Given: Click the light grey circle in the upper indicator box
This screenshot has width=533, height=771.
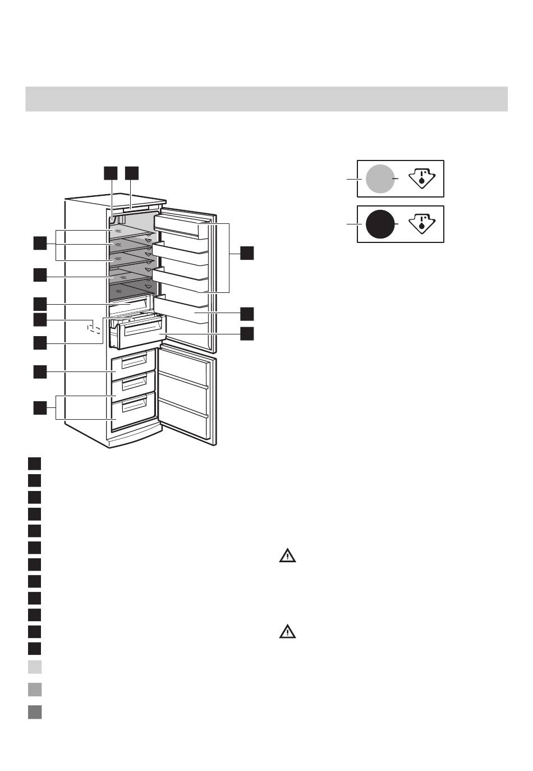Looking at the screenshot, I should click(x=380, y=179).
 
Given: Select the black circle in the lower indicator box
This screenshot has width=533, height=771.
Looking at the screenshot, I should click(x=380, y=224).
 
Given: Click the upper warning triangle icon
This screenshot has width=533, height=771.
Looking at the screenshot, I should click(x=287, y=556).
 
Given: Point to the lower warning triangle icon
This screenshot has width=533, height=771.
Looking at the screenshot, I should click(x=287, y=632).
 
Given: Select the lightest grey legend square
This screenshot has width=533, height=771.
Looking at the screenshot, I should click(x=35, y=667).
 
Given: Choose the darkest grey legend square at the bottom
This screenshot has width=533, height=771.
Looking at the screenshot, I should click(x=35, y=712).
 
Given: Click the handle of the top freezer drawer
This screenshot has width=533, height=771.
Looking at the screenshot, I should click(x=134, y=361).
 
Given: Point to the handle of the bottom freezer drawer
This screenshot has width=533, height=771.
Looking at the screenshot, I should click(x=134, y=405).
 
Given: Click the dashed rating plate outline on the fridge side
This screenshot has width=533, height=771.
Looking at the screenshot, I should click(x=94, y=327).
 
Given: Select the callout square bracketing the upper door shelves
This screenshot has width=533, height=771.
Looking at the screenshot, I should click(x=247, y=253).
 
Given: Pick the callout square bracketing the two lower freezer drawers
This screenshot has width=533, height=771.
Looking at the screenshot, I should click(x=39, y=408).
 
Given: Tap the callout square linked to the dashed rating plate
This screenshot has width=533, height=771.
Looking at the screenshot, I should click(x=39, y=320).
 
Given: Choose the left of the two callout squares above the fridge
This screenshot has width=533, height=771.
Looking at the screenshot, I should click(x=111, y=173).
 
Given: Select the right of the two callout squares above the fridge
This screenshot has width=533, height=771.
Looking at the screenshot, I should click(x=131, y=173).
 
